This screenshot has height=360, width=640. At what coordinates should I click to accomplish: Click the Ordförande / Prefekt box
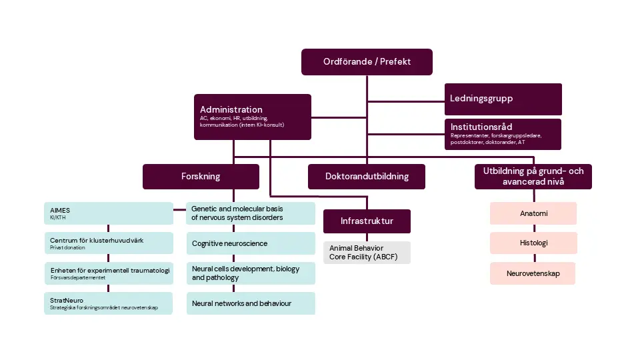coord(367,61)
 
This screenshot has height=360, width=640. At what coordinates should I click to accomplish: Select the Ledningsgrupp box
coord(503,99)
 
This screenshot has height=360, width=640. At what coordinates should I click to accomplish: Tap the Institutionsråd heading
coord(481,127)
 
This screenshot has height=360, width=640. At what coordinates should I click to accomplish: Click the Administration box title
coord(231,109)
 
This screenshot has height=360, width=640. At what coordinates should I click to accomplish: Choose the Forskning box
coord(201,177)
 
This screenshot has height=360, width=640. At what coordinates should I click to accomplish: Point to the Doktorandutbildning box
coord(366,177)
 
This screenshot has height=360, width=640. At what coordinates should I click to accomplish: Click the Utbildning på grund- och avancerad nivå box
coord(533,176)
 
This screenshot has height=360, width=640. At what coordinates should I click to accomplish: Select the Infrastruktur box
coord(367,221)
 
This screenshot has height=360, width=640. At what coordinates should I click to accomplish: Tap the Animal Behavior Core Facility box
coord(367,253)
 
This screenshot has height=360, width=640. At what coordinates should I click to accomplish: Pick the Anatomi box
coord(533,213)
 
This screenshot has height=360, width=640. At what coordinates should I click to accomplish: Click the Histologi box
coord(533,243)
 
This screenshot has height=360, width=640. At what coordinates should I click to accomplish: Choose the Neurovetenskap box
coord(533,273)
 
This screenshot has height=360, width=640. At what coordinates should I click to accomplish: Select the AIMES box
coord(108,213)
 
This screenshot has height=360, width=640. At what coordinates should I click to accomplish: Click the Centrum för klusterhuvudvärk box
coord(108,243)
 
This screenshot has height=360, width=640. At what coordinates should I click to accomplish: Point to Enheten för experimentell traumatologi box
coord(108,273)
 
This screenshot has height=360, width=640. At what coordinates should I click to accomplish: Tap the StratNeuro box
coord(108,303)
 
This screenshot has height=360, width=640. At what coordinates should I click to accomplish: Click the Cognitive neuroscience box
coord(250,243)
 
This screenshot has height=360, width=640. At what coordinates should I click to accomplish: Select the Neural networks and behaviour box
coord(250,303)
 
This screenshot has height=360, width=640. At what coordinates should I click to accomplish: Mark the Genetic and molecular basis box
coord(250,213)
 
